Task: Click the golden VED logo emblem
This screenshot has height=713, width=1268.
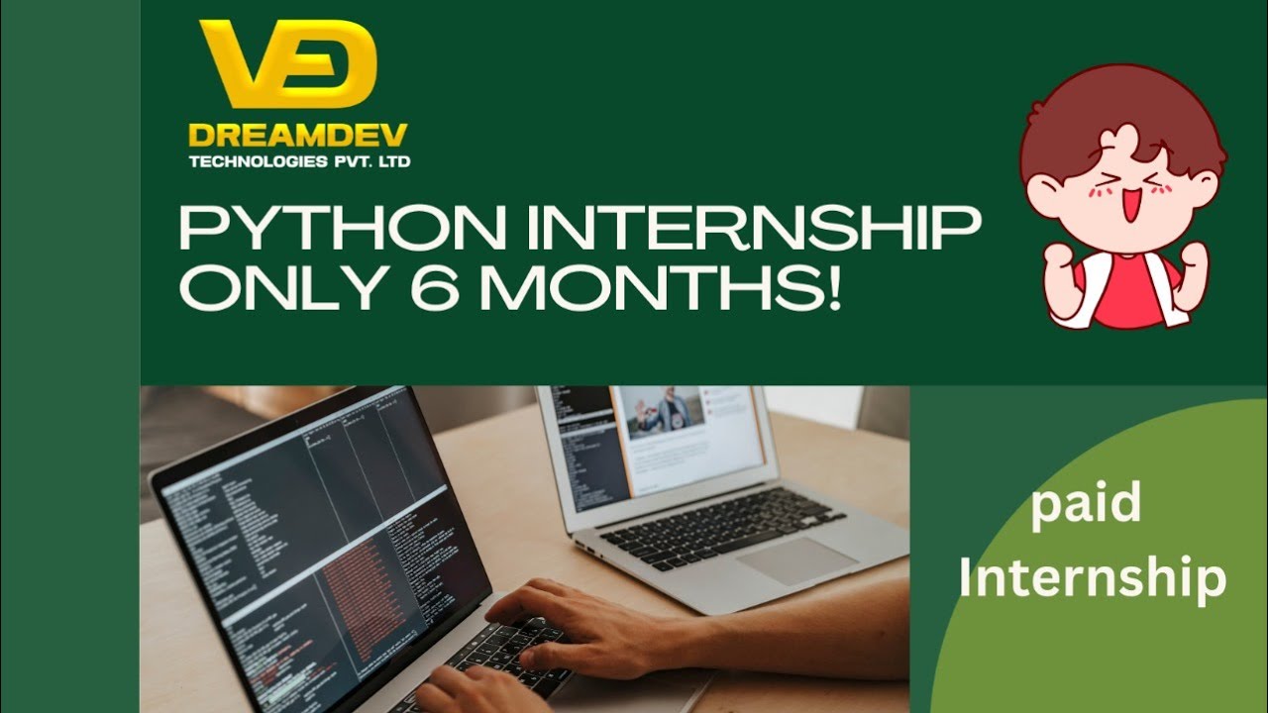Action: pos(287,65)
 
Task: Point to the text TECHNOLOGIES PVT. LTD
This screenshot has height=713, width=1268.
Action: pos(299,161)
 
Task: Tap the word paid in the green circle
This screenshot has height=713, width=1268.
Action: pos(1086,504)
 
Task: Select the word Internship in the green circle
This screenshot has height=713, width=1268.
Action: pos(1093,579)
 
